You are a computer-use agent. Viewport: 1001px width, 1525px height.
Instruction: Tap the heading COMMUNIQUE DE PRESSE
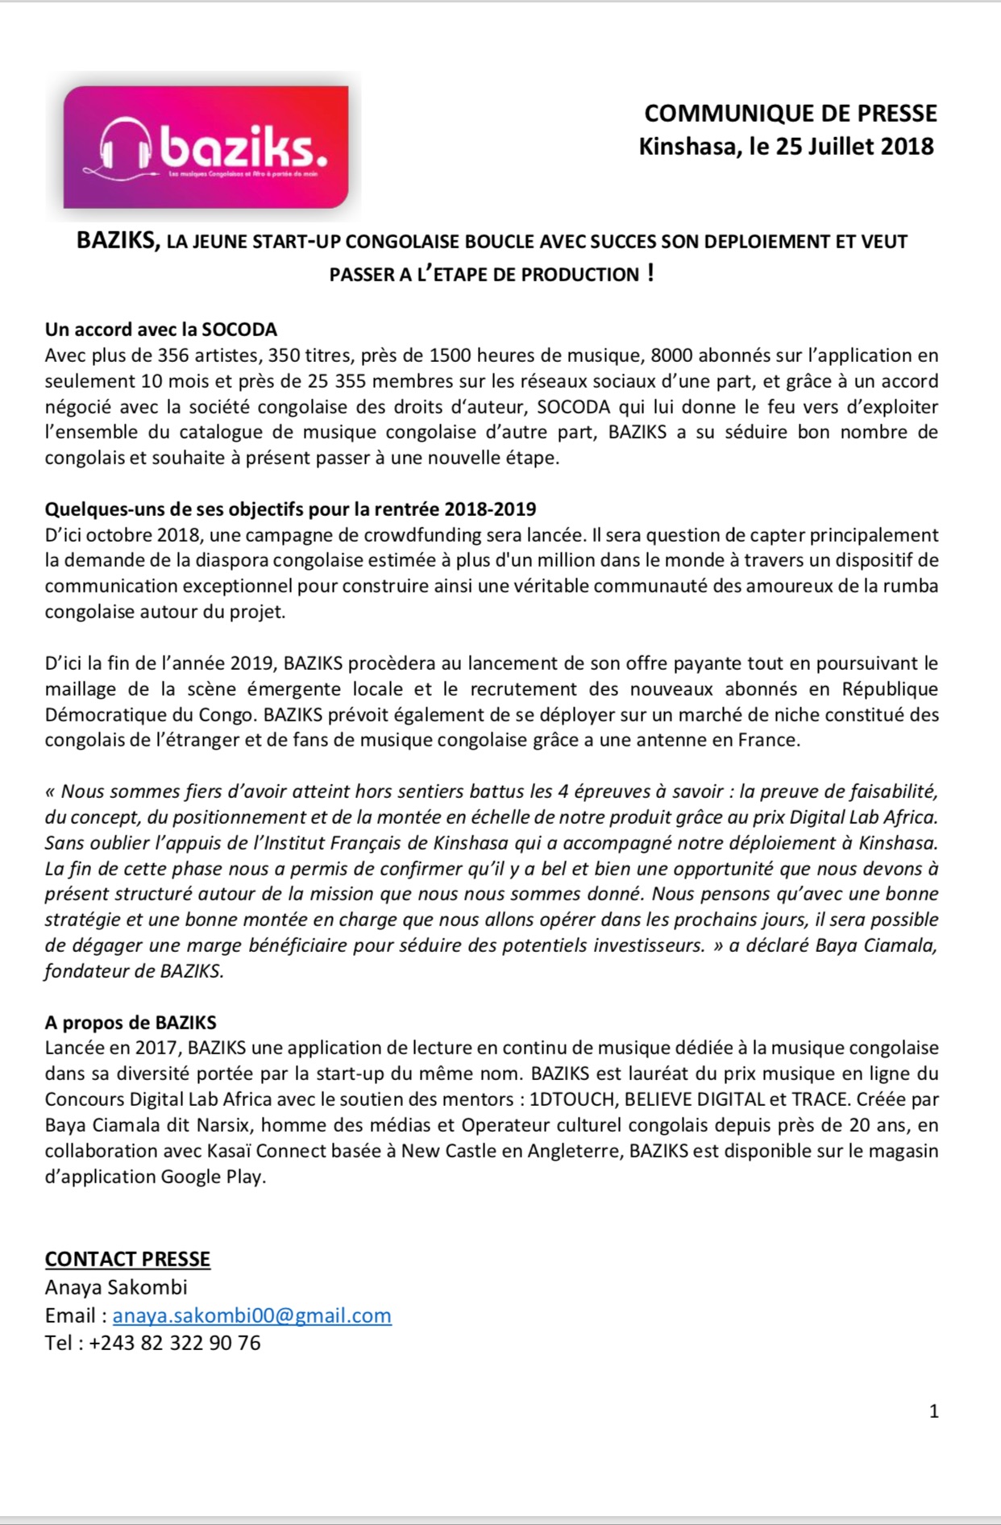click(791, 114)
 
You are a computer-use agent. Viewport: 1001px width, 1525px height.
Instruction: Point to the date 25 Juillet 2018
click(854, 147)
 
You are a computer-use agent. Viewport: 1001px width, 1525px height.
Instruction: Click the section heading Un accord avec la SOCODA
click(160, 329)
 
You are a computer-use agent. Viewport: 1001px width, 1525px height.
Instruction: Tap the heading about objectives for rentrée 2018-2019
click(290, 509)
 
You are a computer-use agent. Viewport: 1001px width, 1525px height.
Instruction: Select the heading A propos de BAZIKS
click(131, 1023)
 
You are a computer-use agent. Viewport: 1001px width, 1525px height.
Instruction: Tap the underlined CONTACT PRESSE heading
click(127, 1259)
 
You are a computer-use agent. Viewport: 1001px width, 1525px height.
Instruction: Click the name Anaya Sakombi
click(116, 1287)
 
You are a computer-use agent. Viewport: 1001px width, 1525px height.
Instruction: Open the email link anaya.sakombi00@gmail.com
click(251, 1315)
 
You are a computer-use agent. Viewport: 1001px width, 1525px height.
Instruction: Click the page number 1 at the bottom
click(934, 1411)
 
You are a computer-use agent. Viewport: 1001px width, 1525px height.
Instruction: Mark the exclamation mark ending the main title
click(650, 273)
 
